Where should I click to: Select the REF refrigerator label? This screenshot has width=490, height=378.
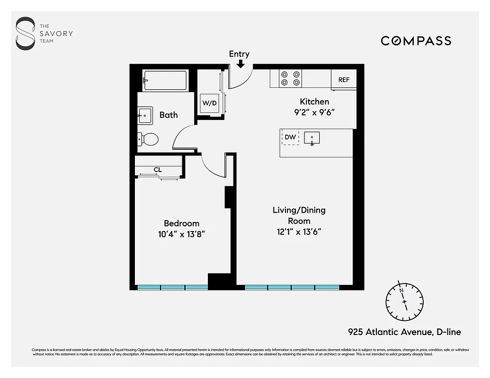344,80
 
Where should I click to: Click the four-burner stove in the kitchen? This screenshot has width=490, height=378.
290,78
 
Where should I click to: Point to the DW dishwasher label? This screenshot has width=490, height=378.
290,137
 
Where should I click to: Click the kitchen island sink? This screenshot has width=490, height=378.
312,138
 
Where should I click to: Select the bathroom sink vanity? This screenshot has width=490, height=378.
145,115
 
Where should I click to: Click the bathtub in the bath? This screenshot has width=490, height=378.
165,80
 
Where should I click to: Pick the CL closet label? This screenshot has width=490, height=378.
158,170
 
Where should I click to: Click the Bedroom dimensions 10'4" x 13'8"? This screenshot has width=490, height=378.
182,234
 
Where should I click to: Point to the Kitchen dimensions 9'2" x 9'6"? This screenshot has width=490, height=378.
314,113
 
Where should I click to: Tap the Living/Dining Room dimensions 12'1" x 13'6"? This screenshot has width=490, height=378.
299,232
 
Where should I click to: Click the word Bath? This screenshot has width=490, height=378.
169,115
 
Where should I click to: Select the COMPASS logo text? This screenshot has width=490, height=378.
416,41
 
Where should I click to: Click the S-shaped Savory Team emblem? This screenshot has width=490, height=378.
26,33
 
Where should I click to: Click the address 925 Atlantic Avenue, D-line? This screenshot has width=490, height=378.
404,332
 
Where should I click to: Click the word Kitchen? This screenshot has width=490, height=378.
314,102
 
